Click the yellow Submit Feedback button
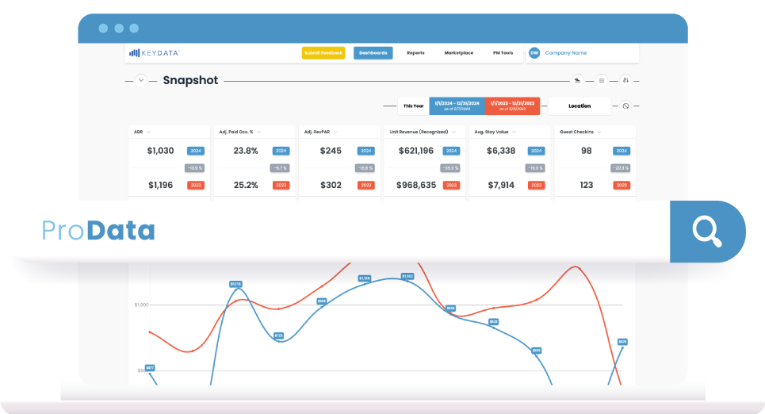(x=323, y=53)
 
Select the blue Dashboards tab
(x=373, y=53)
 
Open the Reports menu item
(x=415, y=53)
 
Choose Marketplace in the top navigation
(x=458, y=53)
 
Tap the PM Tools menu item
(x=503, y=53)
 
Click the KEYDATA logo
(x=155, y=53)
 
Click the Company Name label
(x=566, y=53)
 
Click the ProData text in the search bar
(x=98, y=231)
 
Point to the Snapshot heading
(x=190, y=80)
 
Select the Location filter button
(x=579, y=105)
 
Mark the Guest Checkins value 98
(x=586, y=151)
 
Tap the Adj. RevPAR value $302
(x=331, y=185)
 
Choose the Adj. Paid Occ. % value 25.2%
(x=246, y=185)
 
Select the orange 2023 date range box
(x=512, y=105)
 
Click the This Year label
(x=413, y=105)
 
